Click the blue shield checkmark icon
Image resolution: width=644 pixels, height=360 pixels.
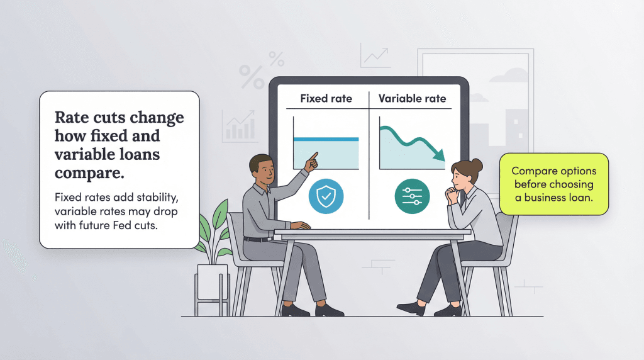326,196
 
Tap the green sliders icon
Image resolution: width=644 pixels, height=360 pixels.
412,196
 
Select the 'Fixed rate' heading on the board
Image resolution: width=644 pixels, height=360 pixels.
326,99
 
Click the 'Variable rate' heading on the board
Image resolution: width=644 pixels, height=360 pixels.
412,99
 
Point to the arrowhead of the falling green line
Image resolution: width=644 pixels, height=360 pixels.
440,155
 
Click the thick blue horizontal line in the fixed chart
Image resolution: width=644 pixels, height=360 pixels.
326,139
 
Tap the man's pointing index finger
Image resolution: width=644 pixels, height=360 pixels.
314,155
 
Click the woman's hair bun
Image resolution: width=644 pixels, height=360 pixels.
477,165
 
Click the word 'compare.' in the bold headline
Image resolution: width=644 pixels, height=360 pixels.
89,174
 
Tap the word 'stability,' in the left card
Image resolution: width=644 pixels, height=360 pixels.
157,198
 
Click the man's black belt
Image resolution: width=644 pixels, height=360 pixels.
258,239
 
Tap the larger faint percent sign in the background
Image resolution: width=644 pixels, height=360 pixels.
252,77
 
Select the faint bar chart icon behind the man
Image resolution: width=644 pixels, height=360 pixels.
239,127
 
